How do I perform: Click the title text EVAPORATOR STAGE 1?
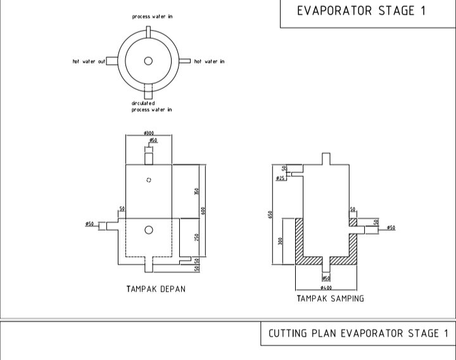pos(362,11)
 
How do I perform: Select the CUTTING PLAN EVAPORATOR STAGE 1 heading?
pos(358,333)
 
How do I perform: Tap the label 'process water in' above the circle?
pos(152,16)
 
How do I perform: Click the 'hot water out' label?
pos(89,61)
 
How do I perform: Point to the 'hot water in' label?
pos(209,61)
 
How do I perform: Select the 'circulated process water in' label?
pos(151,106)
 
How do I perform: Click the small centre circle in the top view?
pos(148,61)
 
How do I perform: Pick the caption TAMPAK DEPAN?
pos(156,289)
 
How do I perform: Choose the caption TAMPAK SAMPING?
pos(331,299)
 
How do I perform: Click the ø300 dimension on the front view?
pos(149,133)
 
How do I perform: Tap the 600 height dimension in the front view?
pos(203,210)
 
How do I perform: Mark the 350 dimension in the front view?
pos(197,191)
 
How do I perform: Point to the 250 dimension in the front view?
pos(197,237)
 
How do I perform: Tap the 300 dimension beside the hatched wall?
pos(280,241)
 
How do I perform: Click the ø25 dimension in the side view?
pos(280,179)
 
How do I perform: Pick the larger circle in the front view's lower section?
pos(148,229)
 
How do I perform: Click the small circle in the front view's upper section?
pos(148,180)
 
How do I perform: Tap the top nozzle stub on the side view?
pos(326,158)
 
